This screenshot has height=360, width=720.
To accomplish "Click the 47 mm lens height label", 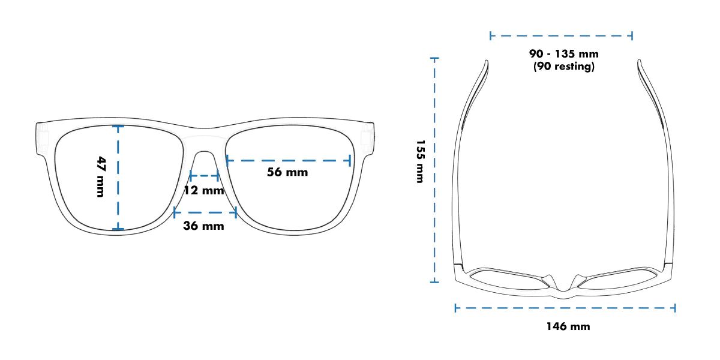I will pyautogui.click(x=101, y=176).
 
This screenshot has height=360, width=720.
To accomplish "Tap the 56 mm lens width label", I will pyautogui.click(x=287, y=172).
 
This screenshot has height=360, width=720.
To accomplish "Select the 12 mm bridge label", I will pyautogui.click(x=203, y=191).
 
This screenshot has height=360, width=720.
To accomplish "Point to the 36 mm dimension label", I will pyautogui.click(x=203, y=226).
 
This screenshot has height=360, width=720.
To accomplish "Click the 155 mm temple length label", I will pyautogui.click(x=420, y=162).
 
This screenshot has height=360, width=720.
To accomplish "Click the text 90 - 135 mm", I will pyautogui.click(x=563, y=55).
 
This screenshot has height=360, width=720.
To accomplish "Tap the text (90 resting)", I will pyautogui.click(x=563, y=67).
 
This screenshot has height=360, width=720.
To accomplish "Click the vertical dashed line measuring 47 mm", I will pyautogui.click(x=119, y=178).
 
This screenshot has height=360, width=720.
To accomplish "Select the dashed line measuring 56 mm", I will pyautogui.click(x=288, y=160).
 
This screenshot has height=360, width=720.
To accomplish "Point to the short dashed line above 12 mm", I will pyautogui.click(x=203, y=176).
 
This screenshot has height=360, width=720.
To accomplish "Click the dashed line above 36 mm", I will pyautogui.click(x=205, y=211).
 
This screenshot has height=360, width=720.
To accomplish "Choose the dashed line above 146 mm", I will pyautogui.click(x=565, y=308).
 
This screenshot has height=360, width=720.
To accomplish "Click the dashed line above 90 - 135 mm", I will pyautogui.click(x=561, y=37).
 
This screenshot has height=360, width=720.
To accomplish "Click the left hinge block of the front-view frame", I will pyautogui.click(x=43, y=136).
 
